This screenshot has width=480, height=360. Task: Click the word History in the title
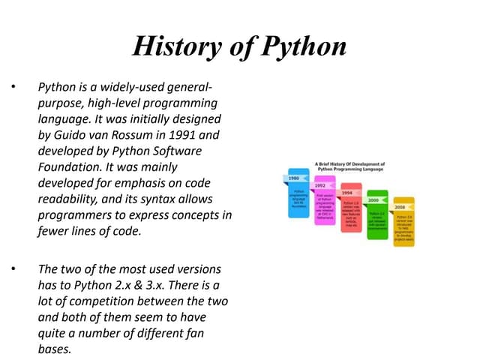tap(174, 46)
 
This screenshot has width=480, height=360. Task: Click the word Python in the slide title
tap(303, 46)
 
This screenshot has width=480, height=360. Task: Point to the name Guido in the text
tap(71, 136)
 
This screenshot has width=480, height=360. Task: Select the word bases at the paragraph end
tap(52, 348)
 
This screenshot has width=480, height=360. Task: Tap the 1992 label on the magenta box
tap(320, 184)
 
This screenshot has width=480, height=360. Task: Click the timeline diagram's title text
tap(349, 166)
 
